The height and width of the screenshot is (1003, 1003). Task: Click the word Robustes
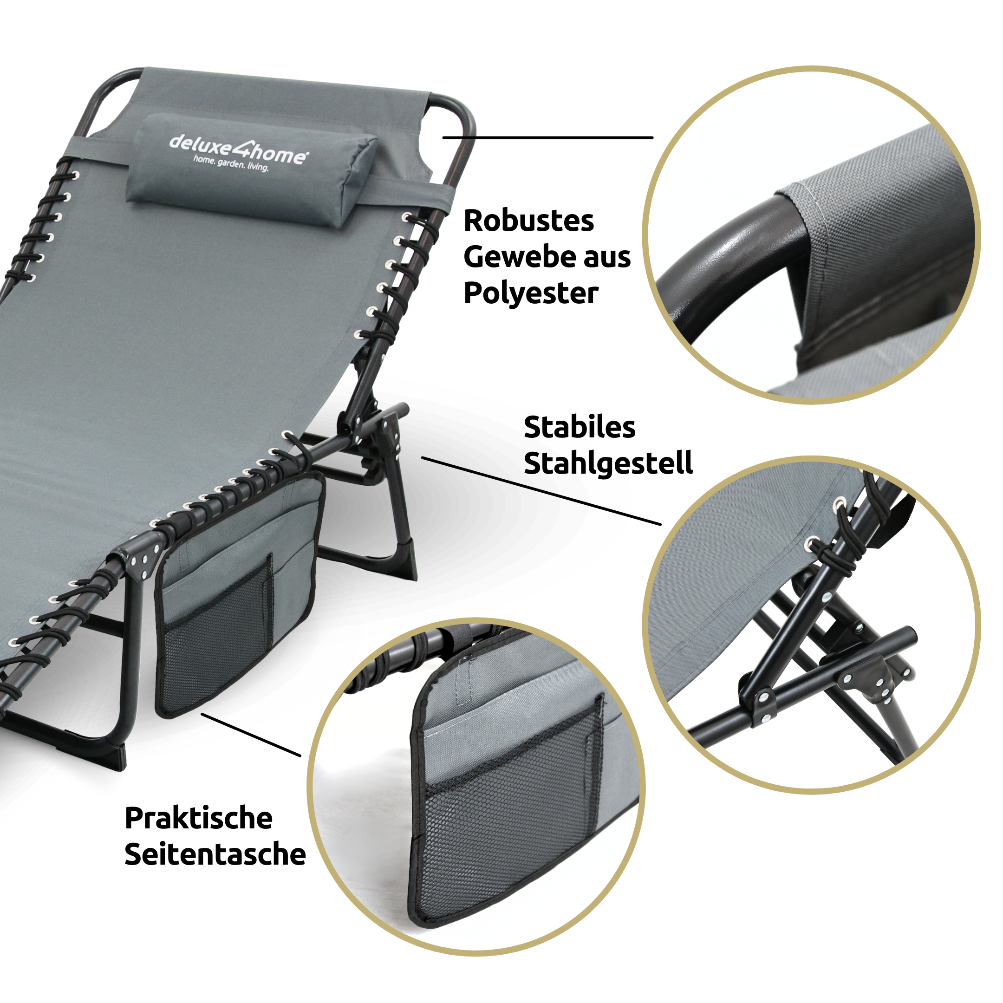528,221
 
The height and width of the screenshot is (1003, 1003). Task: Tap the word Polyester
531,294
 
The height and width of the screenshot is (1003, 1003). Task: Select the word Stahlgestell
608,463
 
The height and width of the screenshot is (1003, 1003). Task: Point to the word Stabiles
580,427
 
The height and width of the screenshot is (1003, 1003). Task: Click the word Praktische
199,819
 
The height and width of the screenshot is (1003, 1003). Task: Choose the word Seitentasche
215,855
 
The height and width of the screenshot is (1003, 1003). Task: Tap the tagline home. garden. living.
231,163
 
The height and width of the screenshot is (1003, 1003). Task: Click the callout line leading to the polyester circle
548,137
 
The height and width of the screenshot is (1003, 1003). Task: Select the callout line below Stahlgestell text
540,491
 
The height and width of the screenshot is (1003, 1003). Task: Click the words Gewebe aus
547,258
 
